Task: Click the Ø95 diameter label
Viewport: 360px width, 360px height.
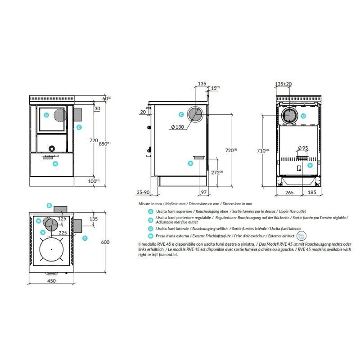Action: point(302,148)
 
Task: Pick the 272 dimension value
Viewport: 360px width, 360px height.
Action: point(217,172)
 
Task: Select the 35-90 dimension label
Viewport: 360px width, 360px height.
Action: point(143,192)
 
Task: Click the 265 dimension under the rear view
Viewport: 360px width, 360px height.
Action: point(289,193)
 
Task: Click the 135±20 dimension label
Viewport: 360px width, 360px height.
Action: point(283,84)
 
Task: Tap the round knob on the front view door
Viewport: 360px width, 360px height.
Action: point(52,148)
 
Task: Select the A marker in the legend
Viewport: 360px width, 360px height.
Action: point(150,211)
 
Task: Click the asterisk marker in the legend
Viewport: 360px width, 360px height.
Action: point(150,236)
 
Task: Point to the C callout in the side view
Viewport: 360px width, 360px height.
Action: point(181,115)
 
